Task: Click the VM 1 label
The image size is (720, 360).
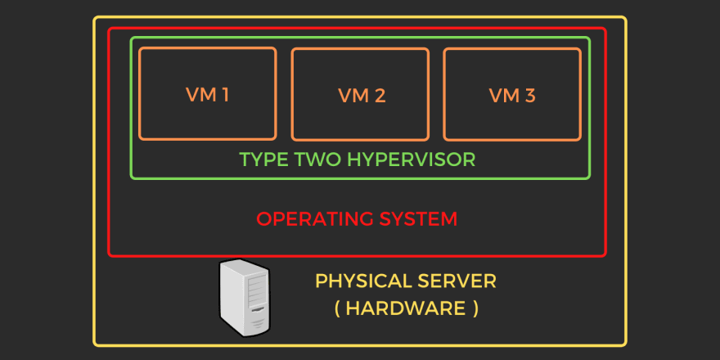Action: [208, 95]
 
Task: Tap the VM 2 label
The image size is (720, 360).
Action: [362, 96]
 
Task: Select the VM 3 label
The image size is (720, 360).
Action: [512, 96]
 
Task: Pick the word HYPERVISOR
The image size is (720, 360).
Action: [412, 160]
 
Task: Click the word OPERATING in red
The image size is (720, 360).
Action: [313, 219]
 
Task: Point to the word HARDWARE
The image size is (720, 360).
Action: [406, 308]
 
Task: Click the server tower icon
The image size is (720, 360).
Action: [245, 298]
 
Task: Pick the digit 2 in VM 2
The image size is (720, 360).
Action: [380, 96]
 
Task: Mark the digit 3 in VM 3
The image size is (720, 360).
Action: [530, 96]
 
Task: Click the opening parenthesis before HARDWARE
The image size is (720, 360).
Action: [337, 308]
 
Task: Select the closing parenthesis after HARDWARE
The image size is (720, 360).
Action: [475, 308]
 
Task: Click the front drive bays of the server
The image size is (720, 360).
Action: [257, 291]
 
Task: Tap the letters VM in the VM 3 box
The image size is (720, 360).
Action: [504, 96]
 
